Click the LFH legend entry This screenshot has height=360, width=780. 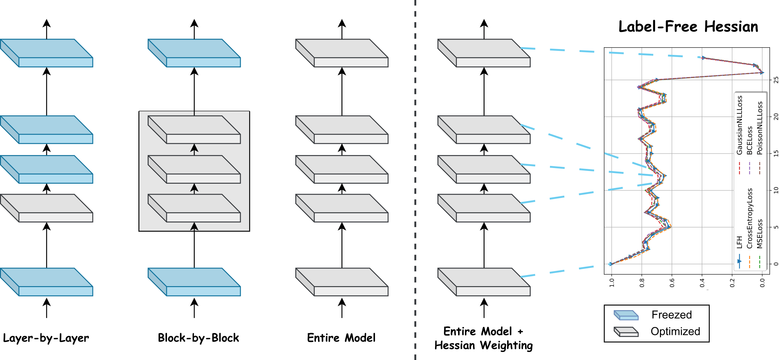tap(739, 242)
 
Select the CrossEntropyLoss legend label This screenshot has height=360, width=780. tap(749, 218)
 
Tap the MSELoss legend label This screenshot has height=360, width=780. tap(759, 233)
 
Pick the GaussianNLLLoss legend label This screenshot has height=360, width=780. tap(739, 125)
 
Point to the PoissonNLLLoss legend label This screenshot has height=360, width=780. tap(759, 128)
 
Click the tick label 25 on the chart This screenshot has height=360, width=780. tap(776, 80)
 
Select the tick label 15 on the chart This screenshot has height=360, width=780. tap(776, 154)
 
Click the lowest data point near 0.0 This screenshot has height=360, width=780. tap(762, 73)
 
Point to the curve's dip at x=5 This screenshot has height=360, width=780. tap(669, 227)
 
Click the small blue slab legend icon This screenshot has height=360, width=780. tap(626, 315)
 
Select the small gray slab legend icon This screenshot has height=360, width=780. tap(626, 332)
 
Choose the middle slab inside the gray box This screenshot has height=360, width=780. tap(194, 169)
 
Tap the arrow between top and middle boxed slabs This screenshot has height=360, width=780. tap(194, 149)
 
